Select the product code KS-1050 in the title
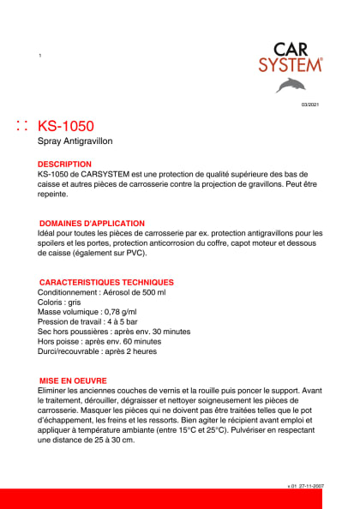click(66, 126)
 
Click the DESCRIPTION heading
click(64, 163)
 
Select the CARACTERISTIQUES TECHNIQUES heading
click(106, 282)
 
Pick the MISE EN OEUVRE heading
click(72, 380)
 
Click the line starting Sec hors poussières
click(114, 331)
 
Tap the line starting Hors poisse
click(99, 341)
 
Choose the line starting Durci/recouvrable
click(97, 350)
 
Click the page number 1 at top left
click(40, 56)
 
